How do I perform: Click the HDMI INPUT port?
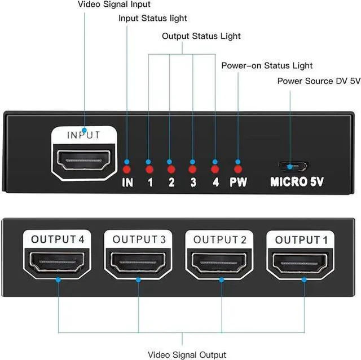[x=83, y=160]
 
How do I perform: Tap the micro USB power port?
[x=293, y=166]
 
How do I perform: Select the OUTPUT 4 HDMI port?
[x=57, y=263]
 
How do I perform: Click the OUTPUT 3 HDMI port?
[x=138, y=263]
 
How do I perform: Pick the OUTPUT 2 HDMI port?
[x=219, y=263]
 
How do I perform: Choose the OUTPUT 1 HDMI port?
[x=300, y=263]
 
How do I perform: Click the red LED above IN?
[x=126, y=170]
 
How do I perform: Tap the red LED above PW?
[x=238, y=170]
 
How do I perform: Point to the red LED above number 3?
[x=192, y=170]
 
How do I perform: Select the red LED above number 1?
[x=149, y=170]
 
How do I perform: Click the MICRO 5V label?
[x=297, y=182]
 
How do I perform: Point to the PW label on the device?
[x=238, y=182]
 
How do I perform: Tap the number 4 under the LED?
[x=215, y=182]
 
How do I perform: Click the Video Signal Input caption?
[x=114, y=5]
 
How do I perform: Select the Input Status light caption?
[x=153, y=19]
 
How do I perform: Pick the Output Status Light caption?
[x=201, y=36]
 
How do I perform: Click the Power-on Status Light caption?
[x=267, y=65]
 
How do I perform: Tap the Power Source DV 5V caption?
[x=319, y=81]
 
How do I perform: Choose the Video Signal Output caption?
[x=187, y=355]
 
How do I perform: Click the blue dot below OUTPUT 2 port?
[x=222, y=280]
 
